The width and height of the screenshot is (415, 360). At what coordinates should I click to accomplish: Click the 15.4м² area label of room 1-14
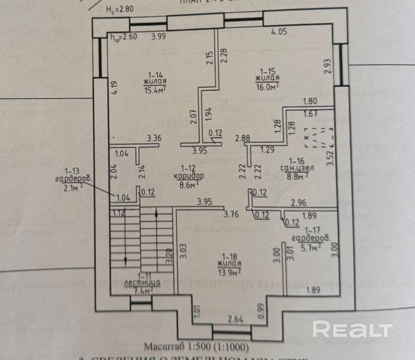tap(155, 90)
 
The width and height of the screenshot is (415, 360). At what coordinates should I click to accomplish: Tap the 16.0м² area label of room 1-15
tap(268, 86)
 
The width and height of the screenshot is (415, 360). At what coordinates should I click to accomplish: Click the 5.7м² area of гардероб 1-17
tap(311, 247)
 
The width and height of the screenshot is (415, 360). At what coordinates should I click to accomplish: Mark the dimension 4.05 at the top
tap(279, 31)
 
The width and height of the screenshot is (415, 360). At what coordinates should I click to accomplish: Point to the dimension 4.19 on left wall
tap(114, 89)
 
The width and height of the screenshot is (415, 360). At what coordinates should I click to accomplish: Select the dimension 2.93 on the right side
tap(328, 67)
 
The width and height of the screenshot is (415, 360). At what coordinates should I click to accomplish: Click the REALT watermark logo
tap(352, 330)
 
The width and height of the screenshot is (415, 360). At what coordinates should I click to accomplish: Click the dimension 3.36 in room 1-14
tap(153, 138)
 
